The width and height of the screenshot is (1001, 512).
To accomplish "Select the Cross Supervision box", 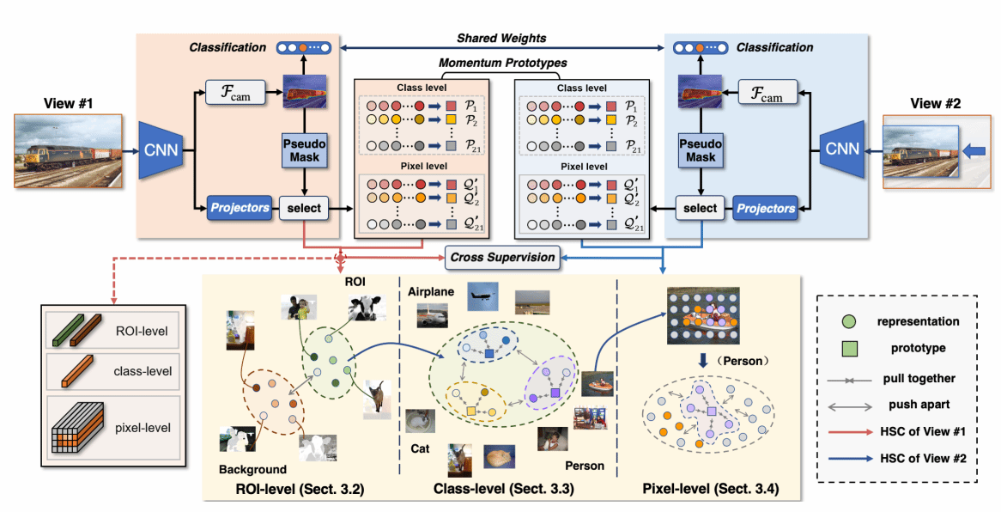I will point(500,256).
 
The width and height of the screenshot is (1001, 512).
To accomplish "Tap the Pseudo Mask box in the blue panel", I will point(700,150).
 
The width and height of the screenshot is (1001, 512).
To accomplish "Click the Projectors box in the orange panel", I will point(239,207).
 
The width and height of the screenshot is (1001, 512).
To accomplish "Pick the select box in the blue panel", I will point(700,207).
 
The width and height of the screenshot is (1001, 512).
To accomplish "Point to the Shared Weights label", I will point(500,39).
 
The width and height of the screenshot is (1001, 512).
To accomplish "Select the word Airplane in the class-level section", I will point(431,292).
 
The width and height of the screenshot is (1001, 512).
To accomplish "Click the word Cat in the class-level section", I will point(420,448).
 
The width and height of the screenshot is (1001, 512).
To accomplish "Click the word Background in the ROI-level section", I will point(252,470).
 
